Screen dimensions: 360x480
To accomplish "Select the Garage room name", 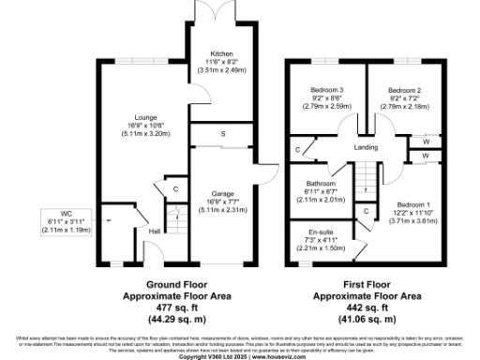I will point(221,192).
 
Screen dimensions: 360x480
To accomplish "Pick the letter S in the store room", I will point(222,134).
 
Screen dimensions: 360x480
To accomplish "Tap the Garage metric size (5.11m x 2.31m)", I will point(221,209).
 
